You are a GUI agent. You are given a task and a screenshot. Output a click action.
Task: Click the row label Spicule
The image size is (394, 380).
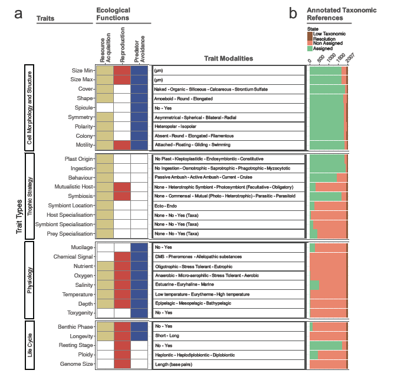tap(84, 108)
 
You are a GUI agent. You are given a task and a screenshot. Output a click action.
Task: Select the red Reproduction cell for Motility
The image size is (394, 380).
tap(122, 146)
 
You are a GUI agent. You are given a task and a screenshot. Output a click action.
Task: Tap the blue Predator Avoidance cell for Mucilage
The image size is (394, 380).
tap(139, 247)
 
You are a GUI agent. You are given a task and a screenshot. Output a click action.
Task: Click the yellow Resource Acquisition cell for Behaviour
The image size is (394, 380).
tap(105, 178)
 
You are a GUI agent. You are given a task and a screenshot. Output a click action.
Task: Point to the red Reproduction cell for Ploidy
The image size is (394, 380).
tap(122, 355)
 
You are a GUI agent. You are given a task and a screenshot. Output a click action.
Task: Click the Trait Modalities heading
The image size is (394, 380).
tap(228, 58)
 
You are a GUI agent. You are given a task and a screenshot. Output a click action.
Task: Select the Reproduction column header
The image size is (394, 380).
tap(122, 45)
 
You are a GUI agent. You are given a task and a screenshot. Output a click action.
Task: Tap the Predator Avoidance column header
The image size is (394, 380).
tap(139, 49)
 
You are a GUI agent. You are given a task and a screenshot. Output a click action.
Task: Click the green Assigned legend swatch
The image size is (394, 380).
tap(310, 48)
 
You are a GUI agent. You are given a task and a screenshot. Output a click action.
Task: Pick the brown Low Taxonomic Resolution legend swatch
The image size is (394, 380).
tap(310, 36)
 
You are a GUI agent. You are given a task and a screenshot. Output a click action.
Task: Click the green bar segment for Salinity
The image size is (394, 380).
tap(314, 285)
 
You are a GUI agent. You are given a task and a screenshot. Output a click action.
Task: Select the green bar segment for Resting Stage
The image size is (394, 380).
tap(326, 346)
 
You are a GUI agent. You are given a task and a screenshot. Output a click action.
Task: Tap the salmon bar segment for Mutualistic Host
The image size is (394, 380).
tap(331, 187)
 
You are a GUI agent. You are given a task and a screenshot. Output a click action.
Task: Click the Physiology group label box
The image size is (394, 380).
tap(29, 280)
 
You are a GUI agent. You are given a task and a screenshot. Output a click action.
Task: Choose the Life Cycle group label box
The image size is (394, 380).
tap(29, 345)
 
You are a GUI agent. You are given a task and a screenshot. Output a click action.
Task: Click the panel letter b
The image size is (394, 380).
tap(293, 13)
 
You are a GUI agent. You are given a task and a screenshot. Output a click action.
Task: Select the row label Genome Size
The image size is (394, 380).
tap(77, 364)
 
